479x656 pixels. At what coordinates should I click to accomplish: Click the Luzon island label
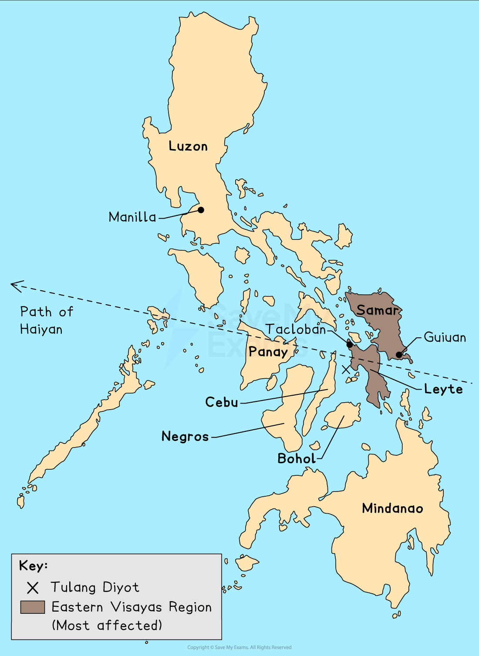[x=188, y=146]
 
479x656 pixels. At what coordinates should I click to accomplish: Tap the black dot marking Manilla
[x=201, y=210]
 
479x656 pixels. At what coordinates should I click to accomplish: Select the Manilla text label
[x=132, y=217]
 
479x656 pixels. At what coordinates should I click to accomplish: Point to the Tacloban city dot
[x=349, y=345]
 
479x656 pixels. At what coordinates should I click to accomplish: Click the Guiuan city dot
[x=399, y=355]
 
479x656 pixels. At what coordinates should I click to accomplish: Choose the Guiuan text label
[x=445, y=337]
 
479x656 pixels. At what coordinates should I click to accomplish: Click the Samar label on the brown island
[x=378, y=310]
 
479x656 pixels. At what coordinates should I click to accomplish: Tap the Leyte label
[x=443, y=389]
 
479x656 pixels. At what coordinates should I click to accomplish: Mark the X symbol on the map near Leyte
[x=346, y=370]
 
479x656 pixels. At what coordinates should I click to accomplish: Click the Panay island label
[x=268, y=352]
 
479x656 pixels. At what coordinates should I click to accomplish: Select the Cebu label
[x=222, y=402]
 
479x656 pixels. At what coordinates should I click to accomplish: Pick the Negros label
[x=185, y=436]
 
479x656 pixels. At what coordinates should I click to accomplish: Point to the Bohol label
[x=297, y=458]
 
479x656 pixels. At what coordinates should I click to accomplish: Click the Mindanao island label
[x=392, y=508]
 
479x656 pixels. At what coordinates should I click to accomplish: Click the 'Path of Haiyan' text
[x=46, y=320]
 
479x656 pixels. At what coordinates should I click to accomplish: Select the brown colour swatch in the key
[x=33, y=607]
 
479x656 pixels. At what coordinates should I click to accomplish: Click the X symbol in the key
[x=33, y=588]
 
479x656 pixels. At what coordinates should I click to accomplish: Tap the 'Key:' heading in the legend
[x=34, y=566]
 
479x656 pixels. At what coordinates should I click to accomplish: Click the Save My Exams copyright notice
[x=239, y=647]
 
